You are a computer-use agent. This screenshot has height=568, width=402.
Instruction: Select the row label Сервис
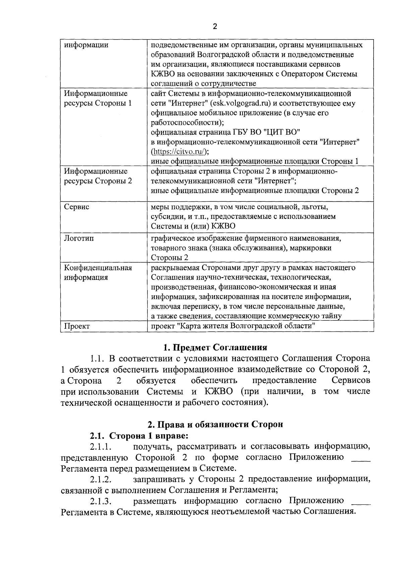(77, 207)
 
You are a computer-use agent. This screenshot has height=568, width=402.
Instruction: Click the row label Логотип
(79, 238)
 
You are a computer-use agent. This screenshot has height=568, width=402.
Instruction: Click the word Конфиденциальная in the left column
(98, 268)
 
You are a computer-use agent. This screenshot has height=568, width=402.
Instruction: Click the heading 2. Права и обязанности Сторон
(215, 424)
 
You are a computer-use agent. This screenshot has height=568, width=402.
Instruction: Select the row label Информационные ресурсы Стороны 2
(98, 176)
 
